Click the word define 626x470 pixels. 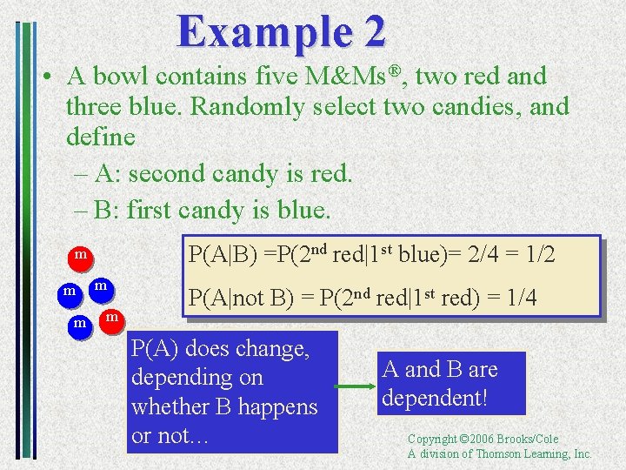click(100, 138)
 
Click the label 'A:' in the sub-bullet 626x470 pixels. click(108, 174)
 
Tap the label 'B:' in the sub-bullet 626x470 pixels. click(108, 210)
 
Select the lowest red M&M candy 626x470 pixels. click(111, 319)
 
